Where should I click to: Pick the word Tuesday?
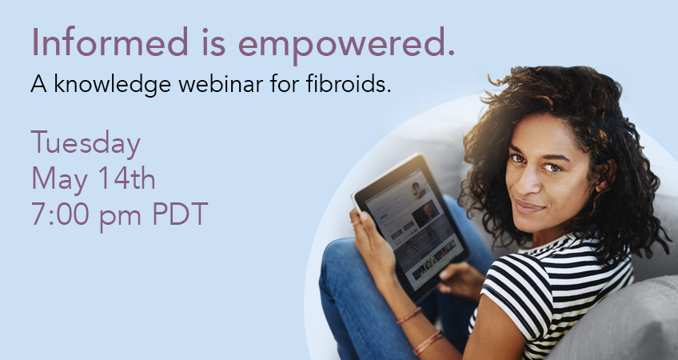86,145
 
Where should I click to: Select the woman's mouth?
529,206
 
